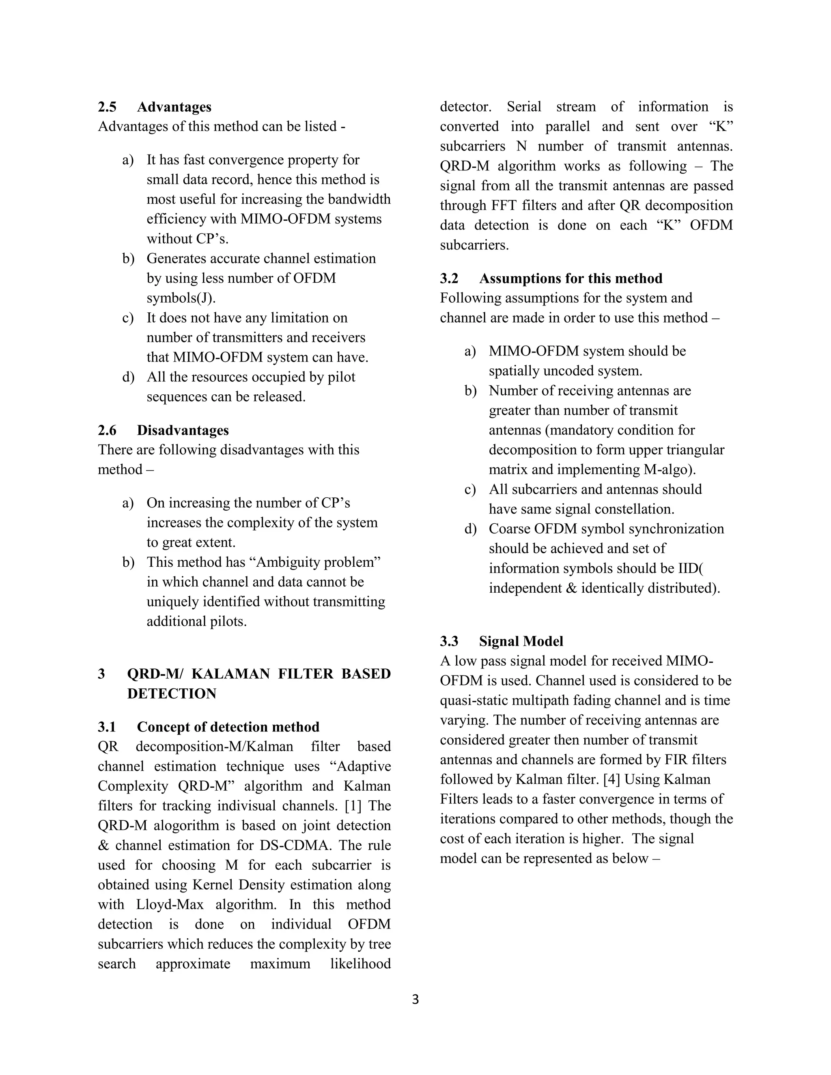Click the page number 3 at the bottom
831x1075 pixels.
[x=415, y=1000]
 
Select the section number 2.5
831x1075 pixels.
[x=107, y=107]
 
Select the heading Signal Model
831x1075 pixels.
[x=521, y=641]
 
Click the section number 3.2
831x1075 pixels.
[x=449, y=279]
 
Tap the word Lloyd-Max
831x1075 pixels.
[x=168, y=904]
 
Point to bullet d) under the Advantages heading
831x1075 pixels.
[x=128, y=377]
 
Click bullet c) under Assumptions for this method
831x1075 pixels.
[x=470, y=489]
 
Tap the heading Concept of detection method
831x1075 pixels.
[x=228, y=727]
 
